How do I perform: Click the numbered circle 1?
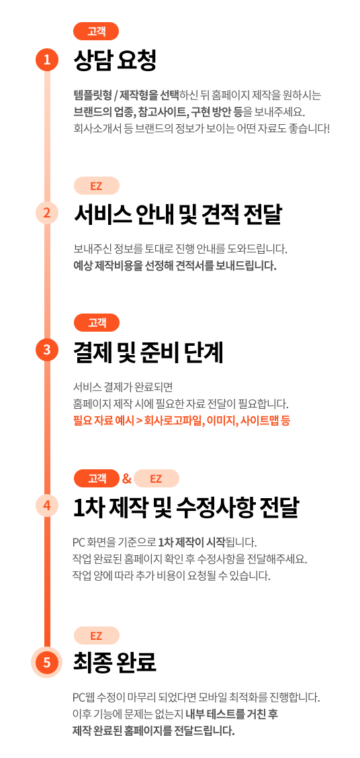point(47,60)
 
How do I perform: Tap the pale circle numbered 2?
point(47,213)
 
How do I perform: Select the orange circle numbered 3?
point(47,350)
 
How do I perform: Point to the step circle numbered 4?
point(47,506)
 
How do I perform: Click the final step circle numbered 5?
point(47,662)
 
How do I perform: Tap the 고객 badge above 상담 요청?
point(96,32)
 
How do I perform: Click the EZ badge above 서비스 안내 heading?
point(96,185)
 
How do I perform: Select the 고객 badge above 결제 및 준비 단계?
point(96,323)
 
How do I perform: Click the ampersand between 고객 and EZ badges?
point(127,479)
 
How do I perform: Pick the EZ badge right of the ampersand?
point(156,479)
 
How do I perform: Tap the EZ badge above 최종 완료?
point(96,635)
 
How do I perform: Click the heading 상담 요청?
point(115,60)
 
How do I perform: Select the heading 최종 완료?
point(115,662)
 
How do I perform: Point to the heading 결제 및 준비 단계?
point(148,351)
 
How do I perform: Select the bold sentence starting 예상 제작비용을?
point(175,266)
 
